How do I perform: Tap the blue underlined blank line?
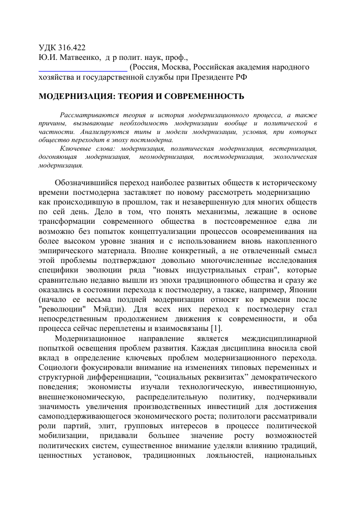83,67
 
